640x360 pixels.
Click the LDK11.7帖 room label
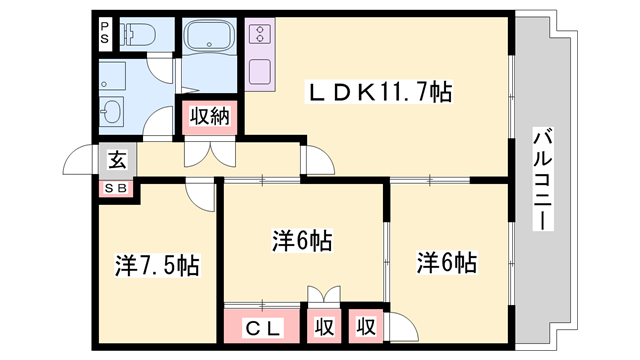coord(380,94)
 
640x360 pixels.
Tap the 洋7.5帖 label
coord(157,266)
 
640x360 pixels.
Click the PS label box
coord(105,33)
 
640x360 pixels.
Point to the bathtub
coord(211,40)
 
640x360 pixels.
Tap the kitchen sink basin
coord(261,73)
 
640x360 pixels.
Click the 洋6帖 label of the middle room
coord(302,241)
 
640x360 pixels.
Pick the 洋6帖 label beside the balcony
coord(446,263)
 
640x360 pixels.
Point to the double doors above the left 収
coord(324,297)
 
